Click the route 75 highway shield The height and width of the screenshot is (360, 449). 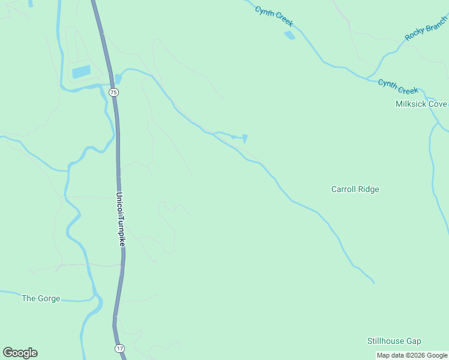[x=114, y=92]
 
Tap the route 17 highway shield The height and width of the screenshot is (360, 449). [x=120, y=348]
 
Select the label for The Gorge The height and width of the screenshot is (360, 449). [x=41, y=298]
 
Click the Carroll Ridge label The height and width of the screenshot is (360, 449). [x=355, y=189]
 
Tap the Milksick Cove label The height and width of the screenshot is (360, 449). [x=421, y=104]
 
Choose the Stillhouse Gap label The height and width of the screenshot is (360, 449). [x=394, y=341]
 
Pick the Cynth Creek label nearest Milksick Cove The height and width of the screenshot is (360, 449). [x=398, y=86]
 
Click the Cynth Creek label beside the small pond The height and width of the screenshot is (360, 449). [x=274, y=16]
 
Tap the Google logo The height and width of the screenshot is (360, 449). [x=20, y=353]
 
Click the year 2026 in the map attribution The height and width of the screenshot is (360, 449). [x=417, y=355]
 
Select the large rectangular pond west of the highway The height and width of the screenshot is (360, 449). [x=81, y=72]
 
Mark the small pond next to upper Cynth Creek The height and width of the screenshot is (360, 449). [x=290, y=35]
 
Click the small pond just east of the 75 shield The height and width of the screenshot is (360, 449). [x=118, y=79]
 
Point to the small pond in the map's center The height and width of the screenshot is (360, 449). [x=245, y=139]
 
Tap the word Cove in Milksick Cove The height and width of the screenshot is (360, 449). [x=437, y=104]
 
